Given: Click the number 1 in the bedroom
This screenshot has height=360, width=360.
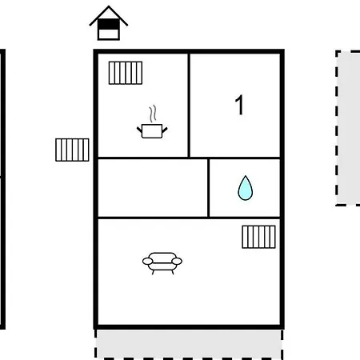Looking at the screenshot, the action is (x=239, y=105).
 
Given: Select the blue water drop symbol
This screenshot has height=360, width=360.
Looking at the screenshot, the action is (x=246, y=188).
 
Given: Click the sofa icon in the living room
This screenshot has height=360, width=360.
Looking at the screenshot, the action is (x=162, y=263).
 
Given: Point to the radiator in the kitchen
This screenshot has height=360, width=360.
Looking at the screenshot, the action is (x=126, y=73).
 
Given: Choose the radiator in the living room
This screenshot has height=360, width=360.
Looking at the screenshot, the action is (x=258, y=237).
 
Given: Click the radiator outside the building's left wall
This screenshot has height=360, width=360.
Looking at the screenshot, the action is (x=72, y=150).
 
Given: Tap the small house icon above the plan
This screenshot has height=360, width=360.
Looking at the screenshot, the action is (x=109, y=23).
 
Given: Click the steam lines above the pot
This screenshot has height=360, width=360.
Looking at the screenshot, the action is (x=153, y=114).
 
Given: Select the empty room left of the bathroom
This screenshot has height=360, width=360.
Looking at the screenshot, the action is (x=153, y=188).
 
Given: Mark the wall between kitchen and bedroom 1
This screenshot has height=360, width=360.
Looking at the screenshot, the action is (x=189, y=106).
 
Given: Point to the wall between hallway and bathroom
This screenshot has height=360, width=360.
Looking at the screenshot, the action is (x=208, y=188).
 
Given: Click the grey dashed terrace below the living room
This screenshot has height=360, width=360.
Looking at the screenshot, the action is (x=189, y=345).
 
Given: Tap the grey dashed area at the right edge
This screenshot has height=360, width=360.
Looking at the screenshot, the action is (x=348, y=128).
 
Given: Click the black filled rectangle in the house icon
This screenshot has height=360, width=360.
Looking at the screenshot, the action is (x=109, y=24).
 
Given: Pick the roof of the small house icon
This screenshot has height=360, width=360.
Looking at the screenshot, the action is (x=109, y=15).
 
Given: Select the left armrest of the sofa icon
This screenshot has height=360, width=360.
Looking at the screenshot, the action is (x=148, y=261).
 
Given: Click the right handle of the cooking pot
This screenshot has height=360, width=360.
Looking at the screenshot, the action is (x=165, y=130).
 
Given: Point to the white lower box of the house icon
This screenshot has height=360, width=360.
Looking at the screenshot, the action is (x=109, y=34).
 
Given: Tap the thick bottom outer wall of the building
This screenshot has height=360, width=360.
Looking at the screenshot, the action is (x=189, y=327).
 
